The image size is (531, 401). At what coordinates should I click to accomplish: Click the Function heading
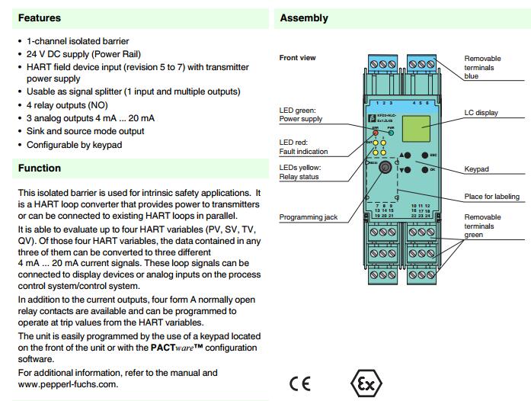tap(40, 168)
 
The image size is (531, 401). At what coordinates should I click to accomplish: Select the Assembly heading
tap(304, 18)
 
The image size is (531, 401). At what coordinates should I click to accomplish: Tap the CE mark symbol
tap(299, 383)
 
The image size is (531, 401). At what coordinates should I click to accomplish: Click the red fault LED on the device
tap(376, 133)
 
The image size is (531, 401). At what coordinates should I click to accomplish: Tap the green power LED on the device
tap(390, 133)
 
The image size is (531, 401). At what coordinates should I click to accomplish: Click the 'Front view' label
tap(298, 58)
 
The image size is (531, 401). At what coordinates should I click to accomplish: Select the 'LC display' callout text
tap(481, 113)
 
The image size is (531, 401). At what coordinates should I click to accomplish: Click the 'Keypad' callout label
tap(476, 169)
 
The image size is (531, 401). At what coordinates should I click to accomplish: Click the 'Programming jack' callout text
tap(309, 217)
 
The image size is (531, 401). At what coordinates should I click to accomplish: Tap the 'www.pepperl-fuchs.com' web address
tap(67, 384)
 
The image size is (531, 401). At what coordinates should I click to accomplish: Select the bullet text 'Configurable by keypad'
tap(77, 144)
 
